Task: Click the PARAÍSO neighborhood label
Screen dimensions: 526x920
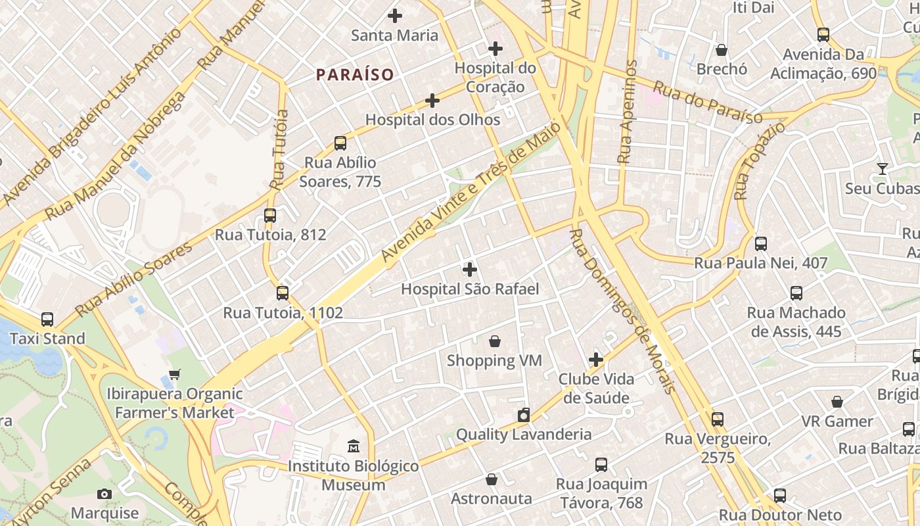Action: pyautogui.click(x=355, y=75)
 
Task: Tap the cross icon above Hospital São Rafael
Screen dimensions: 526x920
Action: pyautogui.click(x=470, y=270)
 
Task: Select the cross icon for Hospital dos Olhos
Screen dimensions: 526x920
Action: pyautogui.click(x=432, y=101)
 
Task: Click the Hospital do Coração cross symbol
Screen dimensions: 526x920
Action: pyautogui.click(x=495, y=49)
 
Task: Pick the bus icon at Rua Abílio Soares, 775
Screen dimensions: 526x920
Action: pyautogui.click(x=340, y=143)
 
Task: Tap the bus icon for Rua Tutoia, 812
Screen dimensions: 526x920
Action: pyautogui.click(x=270, y=216)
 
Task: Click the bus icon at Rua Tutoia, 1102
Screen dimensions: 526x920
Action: pyautogui.click(x=283, y=293)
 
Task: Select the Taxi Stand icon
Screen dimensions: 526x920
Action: pyautogui.click(x=47, y=320)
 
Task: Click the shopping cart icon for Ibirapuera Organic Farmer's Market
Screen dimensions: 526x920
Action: pyautogui.click(x=175, y=375)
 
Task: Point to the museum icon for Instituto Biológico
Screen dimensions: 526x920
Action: pyautogui.click(x=354, y=446)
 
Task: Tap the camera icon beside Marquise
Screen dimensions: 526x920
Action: pyautogui.click(x=104, y=494)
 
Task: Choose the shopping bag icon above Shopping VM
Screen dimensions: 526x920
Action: pyautogui.click(x=495, y=341)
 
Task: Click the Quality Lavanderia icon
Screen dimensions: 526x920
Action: pyautogui.click(x=524, y=415)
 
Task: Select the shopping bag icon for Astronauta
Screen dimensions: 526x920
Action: pyautogui.click(x=492, y=479)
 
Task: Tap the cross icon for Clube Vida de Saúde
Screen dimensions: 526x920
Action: pyautogui.click(x=596, y=360)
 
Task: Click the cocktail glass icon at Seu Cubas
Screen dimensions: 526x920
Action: pyautogui.click(x=882, y=169)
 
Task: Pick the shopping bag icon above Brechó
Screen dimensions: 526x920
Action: pyautogui.click(x=722, y=50)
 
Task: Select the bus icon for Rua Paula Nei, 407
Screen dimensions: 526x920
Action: pyautogui.click(x=761, y=244)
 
